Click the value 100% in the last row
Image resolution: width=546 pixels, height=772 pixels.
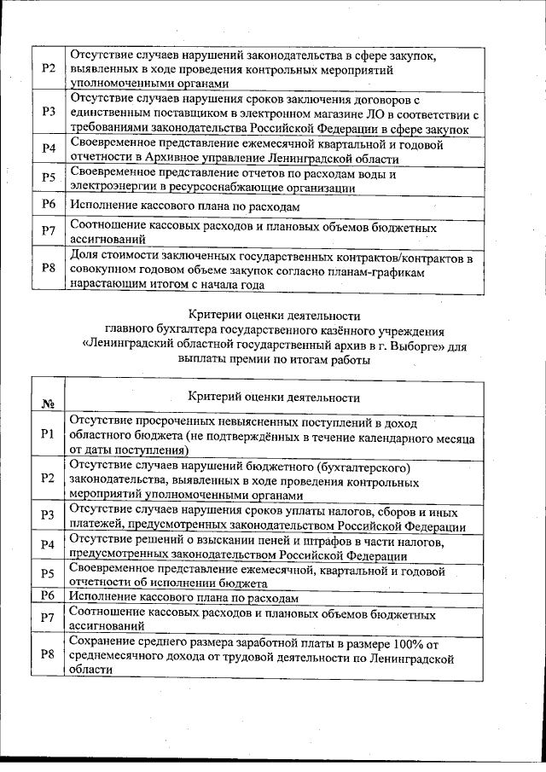click(407, 642)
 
